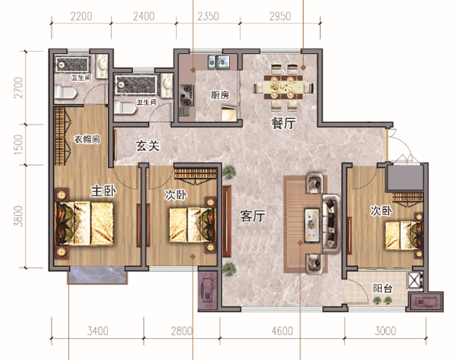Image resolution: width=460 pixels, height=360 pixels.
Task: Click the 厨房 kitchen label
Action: click(x=220, y=95)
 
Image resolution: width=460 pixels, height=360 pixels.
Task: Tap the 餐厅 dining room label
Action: click(x=283, y=123)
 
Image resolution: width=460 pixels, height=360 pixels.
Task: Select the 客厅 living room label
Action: click(x=252, y=216)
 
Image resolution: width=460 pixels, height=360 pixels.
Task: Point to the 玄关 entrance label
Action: click(x=148, y=146)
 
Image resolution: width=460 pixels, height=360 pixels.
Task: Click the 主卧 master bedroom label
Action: click(x=103, y=191)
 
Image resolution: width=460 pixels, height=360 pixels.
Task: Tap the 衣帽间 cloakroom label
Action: click(x=87, y=139)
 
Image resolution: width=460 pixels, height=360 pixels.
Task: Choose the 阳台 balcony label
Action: click(x=383, y=289)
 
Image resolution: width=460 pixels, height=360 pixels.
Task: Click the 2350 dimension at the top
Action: click(x=208, y=16)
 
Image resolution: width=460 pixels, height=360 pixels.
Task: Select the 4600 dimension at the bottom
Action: click(x=282, y=331)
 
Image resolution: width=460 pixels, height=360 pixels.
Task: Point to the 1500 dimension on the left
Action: click(x=18, y=145)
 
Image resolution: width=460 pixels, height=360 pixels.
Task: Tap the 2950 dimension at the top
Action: click(x=280, y=16)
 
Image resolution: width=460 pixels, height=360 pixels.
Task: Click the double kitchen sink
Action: click(x=218, y=62)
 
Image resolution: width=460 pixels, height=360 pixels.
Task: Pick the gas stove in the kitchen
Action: click(x=186, y=95)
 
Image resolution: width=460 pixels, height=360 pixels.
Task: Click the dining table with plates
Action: click(x=283, y=87)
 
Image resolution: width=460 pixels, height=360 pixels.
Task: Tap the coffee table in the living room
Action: click(x=311, y=225)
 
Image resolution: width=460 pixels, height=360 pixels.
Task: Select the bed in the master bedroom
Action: click(x=84, y=223)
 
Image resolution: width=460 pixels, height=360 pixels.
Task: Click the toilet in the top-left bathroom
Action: click(x=66, y=92)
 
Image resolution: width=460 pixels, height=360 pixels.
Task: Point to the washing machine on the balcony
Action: click(x=415, y=280)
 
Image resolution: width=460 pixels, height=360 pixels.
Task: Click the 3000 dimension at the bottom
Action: click(x=385, y=331)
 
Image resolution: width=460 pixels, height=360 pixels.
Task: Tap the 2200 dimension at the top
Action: click(x=81, y=16)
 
